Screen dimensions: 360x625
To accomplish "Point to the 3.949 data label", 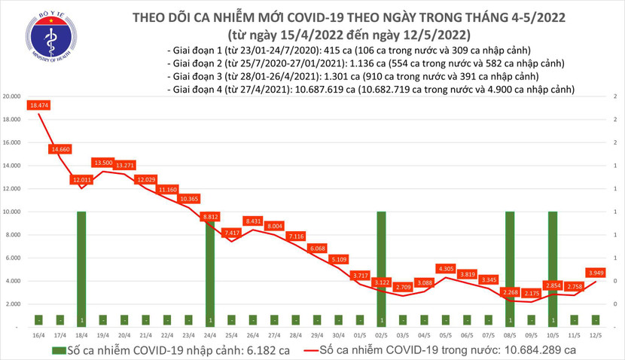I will (596, 272).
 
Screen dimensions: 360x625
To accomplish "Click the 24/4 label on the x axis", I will (210, 334).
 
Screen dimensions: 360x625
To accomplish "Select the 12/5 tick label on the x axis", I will (595, 334).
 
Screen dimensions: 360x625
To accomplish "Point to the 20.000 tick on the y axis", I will (11, 96).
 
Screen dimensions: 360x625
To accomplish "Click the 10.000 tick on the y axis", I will (11, 212).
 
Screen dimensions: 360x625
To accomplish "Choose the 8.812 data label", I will (210, 216).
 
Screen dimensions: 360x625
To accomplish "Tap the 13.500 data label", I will (102, 162).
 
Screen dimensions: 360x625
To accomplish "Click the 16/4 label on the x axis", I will (38, 334).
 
